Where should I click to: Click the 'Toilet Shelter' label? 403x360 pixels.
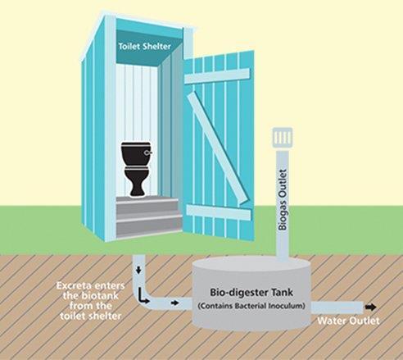click(144, 46)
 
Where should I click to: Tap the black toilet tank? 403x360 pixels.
click(136, 154)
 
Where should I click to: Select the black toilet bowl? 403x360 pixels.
click(137, 181)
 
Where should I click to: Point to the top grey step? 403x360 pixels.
click(147, 203)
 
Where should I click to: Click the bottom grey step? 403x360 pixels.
click(149, 228)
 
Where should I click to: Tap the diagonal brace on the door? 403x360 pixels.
click(217, 148)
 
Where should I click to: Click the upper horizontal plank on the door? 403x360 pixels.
click(217, 75)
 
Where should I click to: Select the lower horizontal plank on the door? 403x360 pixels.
click(219, 212)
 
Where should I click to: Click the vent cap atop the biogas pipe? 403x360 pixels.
click(283, 136)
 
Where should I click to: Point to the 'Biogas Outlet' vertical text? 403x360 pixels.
click(283, 199)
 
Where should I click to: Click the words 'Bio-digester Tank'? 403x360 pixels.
click(251, 292)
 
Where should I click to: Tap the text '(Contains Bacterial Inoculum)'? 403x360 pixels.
click(251, 306)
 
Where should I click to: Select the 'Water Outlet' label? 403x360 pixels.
click(348, 321)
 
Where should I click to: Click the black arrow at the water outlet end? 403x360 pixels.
click(370, 308)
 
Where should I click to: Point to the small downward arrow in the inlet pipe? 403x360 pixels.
click(138, 271)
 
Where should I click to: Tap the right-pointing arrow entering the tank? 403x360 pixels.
click(174, 303)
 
